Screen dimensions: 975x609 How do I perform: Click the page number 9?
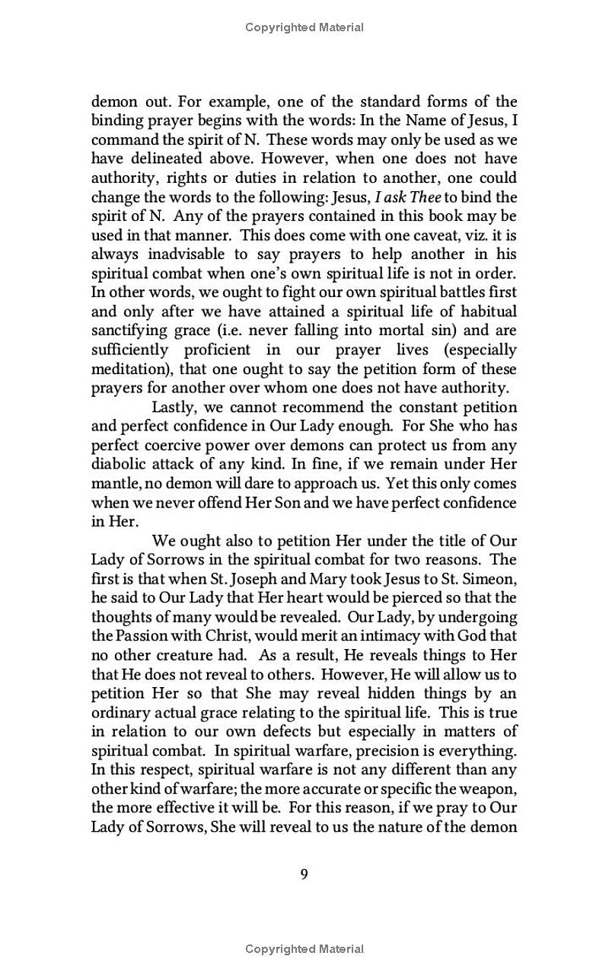pos(304,874)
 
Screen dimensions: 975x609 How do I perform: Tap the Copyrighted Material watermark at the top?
pos(304,27)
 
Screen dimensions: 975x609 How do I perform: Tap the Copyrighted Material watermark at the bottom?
pos(304,949)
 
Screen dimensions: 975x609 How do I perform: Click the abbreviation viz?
pos(470,235)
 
